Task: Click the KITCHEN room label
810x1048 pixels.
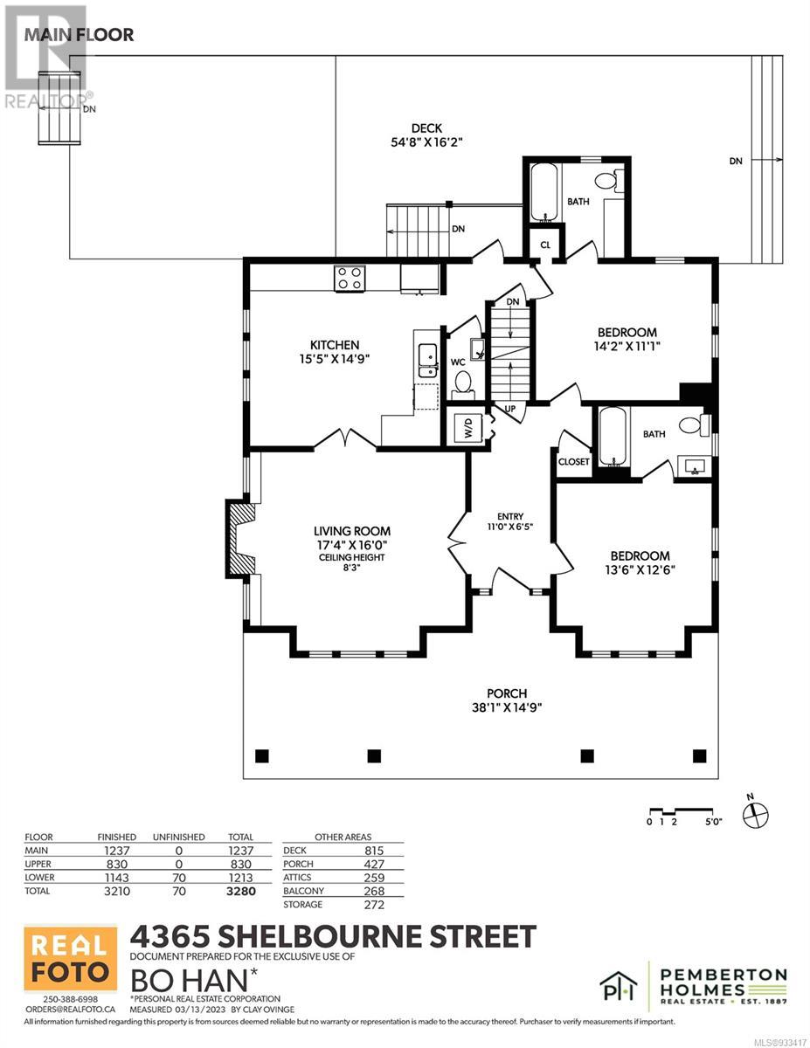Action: coord(335,345)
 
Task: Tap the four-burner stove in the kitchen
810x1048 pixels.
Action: coord(350,278)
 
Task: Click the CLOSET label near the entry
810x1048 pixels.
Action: coord(573,461)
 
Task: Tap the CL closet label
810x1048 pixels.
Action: coord(545,245)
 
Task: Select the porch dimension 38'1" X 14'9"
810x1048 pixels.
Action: coord(507,707)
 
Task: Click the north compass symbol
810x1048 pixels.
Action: coord(756,815)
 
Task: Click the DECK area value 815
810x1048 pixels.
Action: coord(374,851)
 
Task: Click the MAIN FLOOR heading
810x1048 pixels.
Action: coord(80,35)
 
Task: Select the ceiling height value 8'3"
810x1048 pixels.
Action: coord(351,568)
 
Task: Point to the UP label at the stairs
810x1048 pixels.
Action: coord(509,409)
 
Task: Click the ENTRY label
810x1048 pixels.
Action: coord(510,516)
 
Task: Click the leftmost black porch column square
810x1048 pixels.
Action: coord(261,755)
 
